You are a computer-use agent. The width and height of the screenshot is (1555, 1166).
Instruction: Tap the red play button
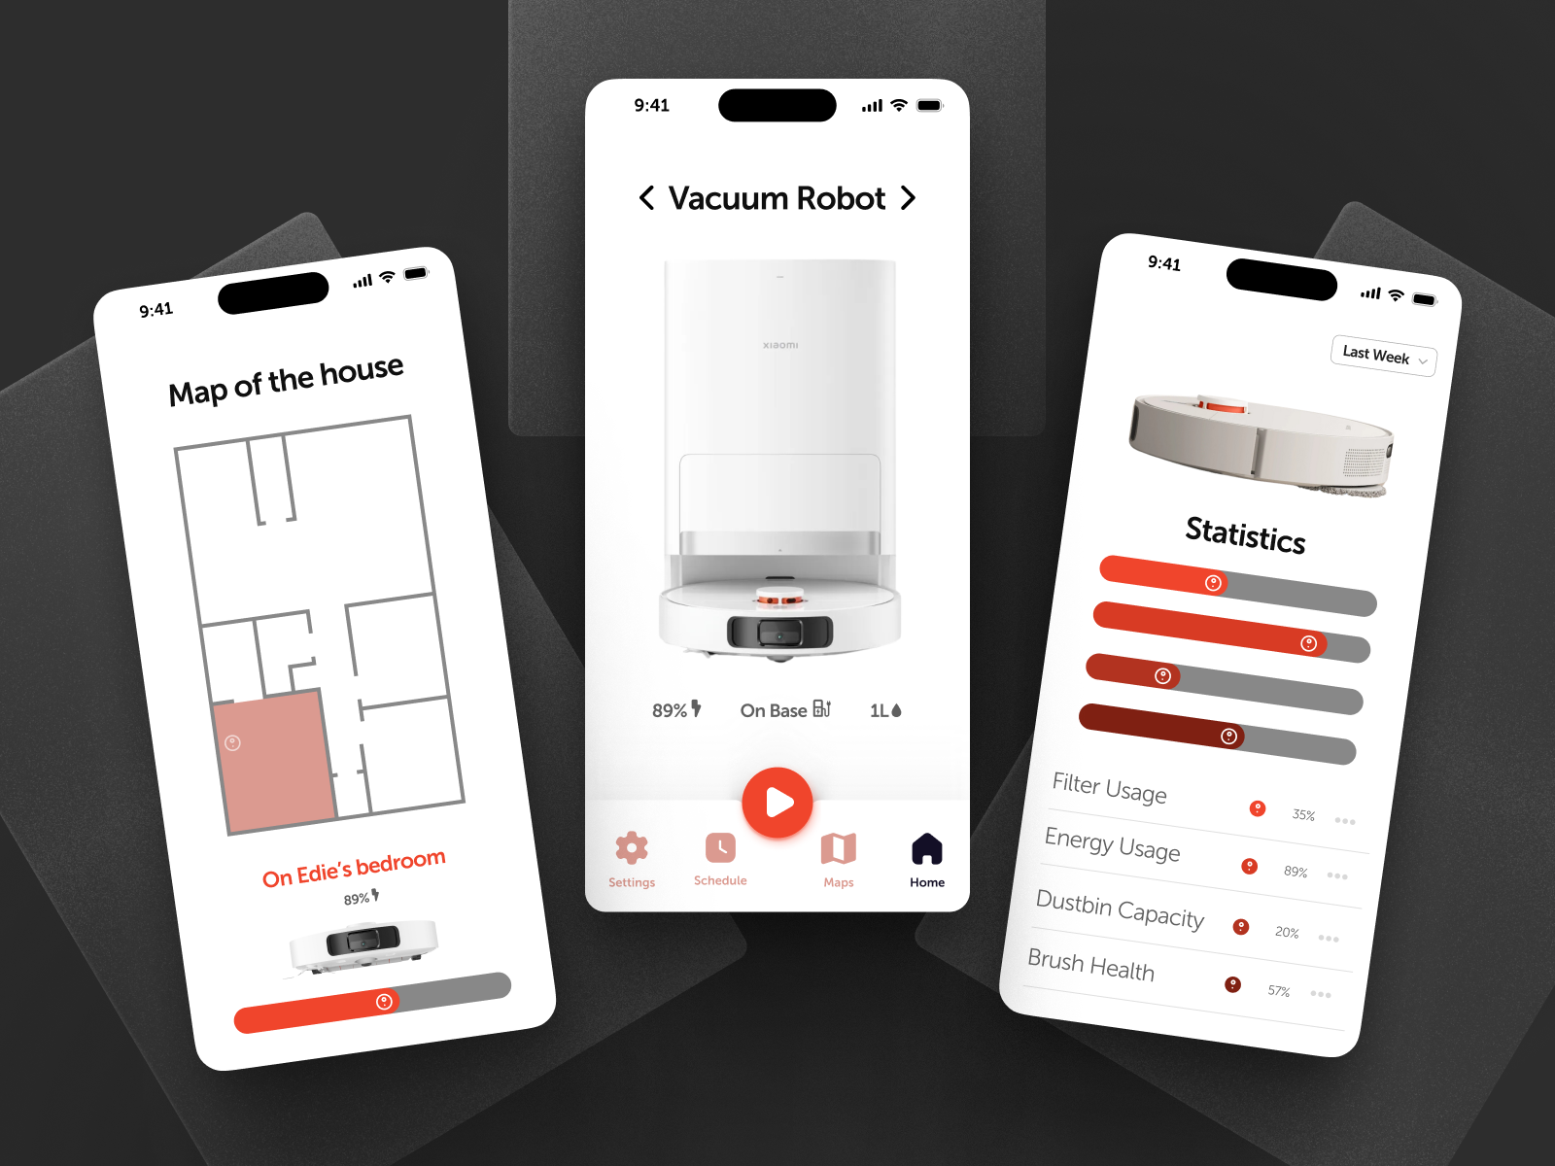pyautogui.click(x=777, y=803)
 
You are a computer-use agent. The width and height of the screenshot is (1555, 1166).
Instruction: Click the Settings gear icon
pyautogui.click(x=632, y=848)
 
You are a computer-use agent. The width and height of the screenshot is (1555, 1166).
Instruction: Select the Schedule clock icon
pyautogui.click(x=720, y=847)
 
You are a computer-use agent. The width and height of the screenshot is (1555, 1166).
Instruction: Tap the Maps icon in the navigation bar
pyautogui.click(x=838, y=848)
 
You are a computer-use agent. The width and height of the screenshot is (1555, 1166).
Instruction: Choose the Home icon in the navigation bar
pyautogui.click(x=927, y=848)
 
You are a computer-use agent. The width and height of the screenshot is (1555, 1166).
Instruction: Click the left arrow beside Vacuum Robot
pyautogui.click(x=646, y=198)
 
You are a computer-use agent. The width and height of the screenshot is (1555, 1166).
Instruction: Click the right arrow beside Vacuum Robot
pyautogui.click(x=908, y=198)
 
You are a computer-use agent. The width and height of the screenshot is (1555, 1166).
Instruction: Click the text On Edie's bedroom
pyautogui.click(x=354, y=868)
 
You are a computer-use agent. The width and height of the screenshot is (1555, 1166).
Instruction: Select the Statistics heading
pyautogui.click(x=1245, y=534)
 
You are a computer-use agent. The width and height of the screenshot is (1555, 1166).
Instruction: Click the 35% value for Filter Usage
pyautogui.click(x=1303, y=815)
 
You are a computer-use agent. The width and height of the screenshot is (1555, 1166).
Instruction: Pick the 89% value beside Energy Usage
pyautogui.click(x=1296, y=872)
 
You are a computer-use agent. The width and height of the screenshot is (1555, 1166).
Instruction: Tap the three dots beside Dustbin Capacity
pyautogui.click(x=1329, y=939)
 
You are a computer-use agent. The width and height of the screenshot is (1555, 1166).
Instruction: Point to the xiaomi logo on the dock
pyautogui.click(x=780, y=345)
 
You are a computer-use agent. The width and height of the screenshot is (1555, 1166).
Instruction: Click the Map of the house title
pyautogui.click(x=286, y=380)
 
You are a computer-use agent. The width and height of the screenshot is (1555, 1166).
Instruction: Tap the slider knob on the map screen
pyautogui.click(x=384, y=1002)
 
